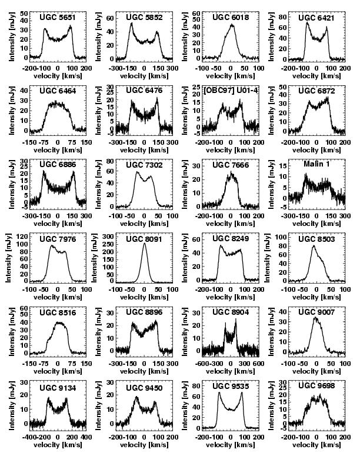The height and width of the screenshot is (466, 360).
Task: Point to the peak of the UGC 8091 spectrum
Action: click(x=145, y=244)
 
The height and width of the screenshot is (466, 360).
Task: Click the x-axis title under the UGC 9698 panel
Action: click(x=316, y=446)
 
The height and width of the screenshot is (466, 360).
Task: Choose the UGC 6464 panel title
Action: click(x=57, y=91)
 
